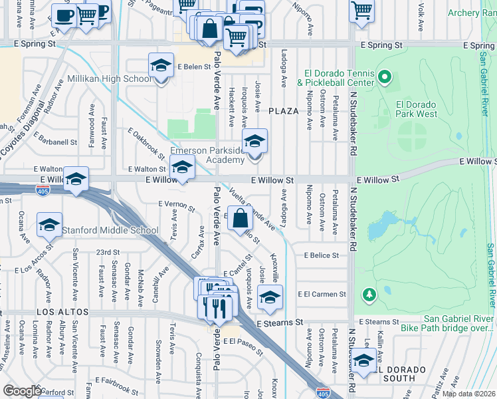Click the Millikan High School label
coord(110,79)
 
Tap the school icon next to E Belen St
coord(160,66)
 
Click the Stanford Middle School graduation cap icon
coord(49,226)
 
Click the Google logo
coord(22,391)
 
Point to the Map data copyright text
coord(468,394)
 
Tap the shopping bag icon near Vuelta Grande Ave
coord(240,218)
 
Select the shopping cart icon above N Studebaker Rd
coord(361,11)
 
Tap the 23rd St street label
coord(107,253)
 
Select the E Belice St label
coord(322,255)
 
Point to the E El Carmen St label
coord(322,294)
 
